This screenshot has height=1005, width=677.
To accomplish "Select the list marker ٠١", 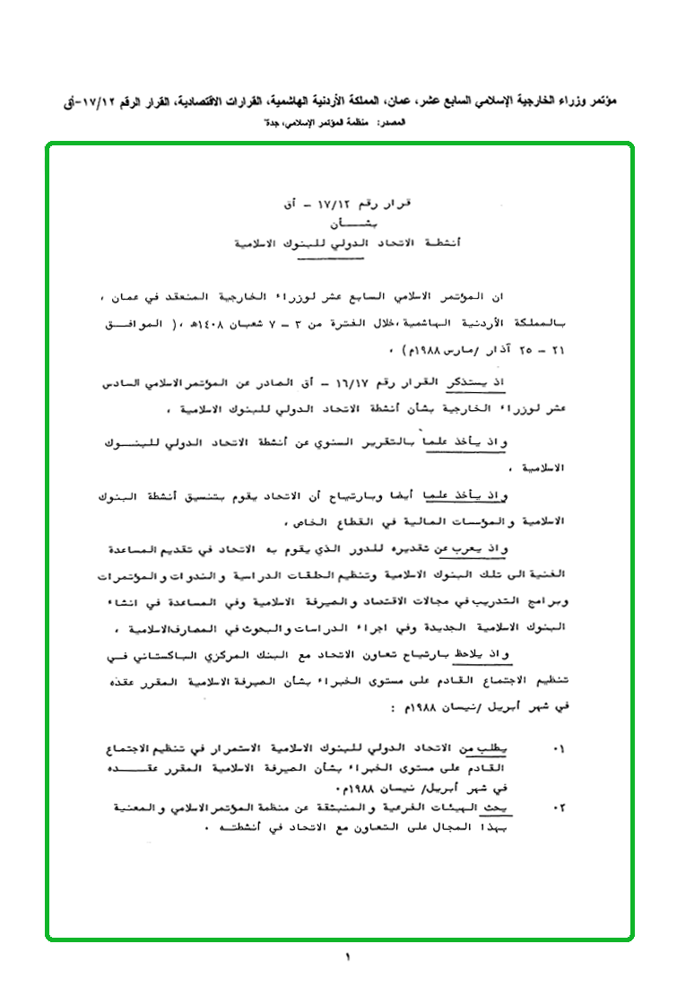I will coord(560,747).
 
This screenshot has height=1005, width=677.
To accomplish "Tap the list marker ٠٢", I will coord(560,808).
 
